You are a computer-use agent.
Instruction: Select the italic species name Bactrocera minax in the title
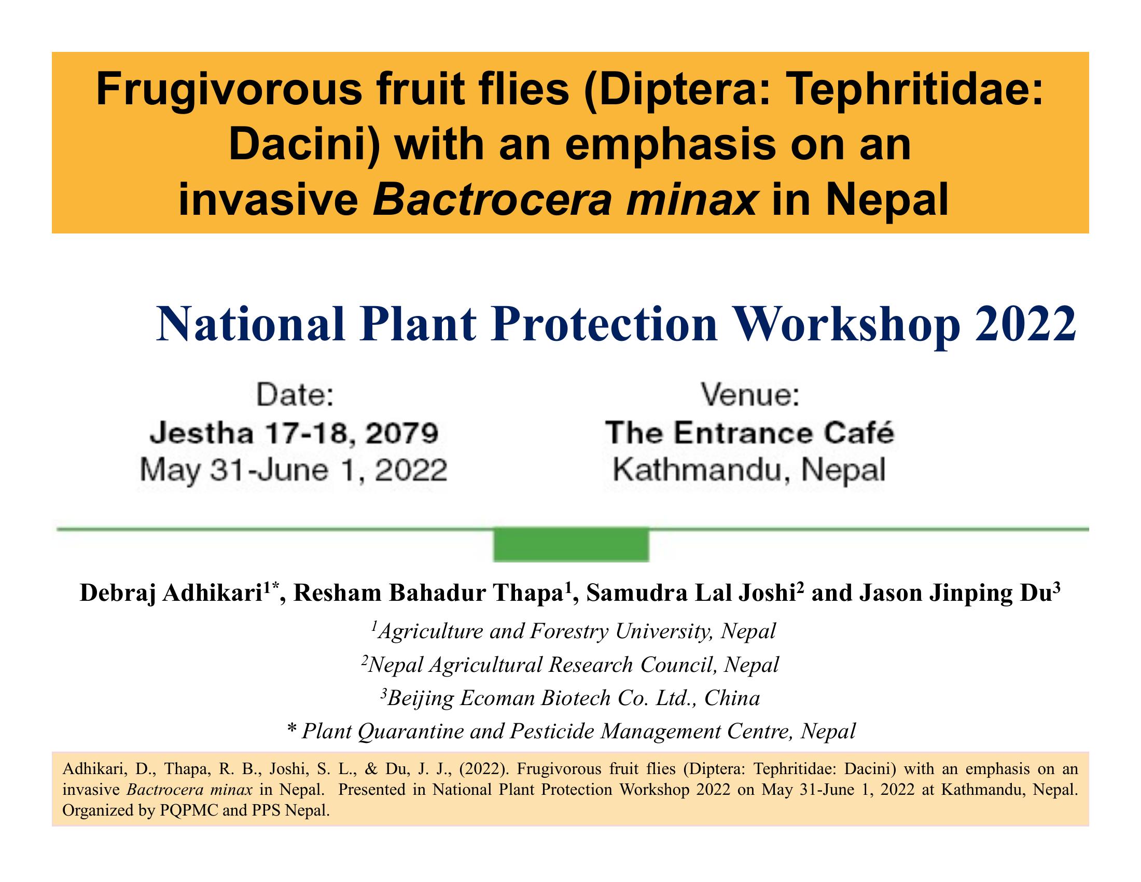tap(564, 201)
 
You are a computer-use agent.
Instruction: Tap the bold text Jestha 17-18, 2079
tap(294, 433)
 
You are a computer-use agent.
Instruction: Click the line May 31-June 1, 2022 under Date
tap(294, 470)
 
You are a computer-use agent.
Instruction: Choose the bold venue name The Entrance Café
tap(750, 433)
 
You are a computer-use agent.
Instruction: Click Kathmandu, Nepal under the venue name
tap(749, 470)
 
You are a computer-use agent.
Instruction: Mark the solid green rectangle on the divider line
tap(571, 544)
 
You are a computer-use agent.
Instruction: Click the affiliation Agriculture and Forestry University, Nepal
tap(574, 631)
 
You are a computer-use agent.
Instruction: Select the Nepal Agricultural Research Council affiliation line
tap(570, 665)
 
